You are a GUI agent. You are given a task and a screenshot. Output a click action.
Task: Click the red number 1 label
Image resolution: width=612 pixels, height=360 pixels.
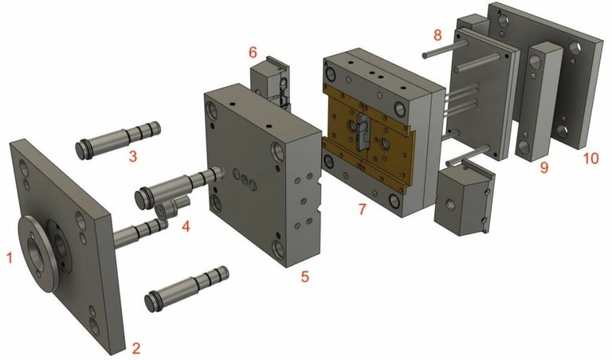click(x=10, y=257)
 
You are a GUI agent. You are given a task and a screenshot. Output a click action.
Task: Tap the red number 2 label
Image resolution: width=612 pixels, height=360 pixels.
click(x=135, y=348)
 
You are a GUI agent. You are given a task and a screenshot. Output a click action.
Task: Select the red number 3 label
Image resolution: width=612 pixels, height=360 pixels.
click(x=133, y=156)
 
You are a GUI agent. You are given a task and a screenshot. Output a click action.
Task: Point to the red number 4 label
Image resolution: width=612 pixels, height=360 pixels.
click(x=186, y=226)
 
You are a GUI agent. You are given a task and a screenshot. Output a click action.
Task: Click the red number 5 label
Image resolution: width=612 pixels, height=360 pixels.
click(x=305, y=276)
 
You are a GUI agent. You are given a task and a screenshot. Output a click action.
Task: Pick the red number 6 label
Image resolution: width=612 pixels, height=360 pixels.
click(x=253, y=52)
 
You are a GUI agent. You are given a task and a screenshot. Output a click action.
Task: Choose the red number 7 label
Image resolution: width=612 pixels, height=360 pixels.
click(x=363, y=209)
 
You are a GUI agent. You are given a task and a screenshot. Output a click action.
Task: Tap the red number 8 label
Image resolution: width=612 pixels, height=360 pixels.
click(x=437, y=35)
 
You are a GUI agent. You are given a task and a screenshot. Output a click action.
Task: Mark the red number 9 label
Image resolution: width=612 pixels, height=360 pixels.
click(x=543, y=168)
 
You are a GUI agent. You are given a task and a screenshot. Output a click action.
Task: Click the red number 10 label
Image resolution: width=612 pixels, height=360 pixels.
click(x=590, y=158)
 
